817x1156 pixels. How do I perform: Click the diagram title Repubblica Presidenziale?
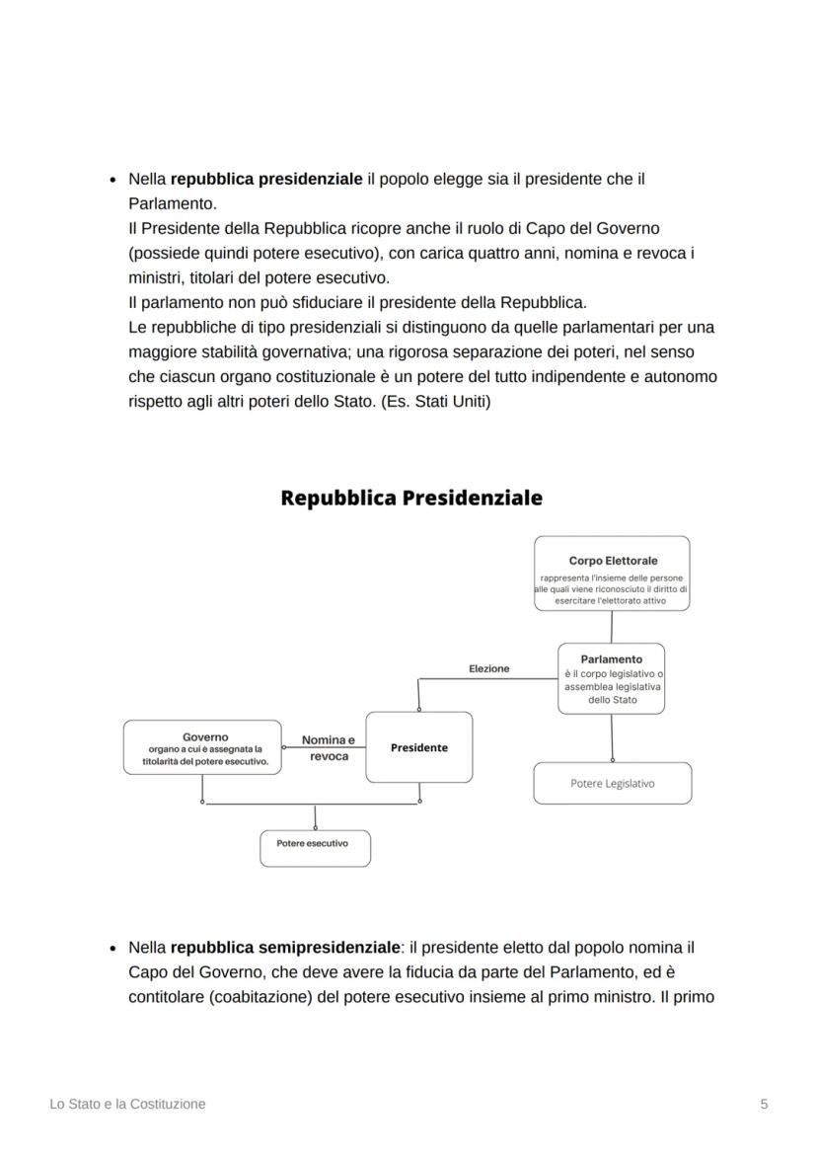tap(410, 498)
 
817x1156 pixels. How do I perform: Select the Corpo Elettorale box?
tap(612, 574)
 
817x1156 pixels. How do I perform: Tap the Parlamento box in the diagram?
tap(611, 678)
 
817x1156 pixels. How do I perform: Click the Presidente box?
tap(418, 747)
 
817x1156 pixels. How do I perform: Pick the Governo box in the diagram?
tap(204, 748)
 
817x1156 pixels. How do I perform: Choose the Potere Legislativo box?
tap(612, 783)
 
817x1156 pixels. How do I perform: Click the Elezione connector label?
tap(488, 668)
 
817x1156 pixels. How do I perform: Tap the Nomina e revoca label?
tap(328, 747)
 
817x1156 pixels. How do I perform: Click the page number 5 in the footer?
tap(764, 1104)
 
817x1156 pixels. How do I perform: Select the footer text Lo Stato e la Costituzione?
tap(127, 1104)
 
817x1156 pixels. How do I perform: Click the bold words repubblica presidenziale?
tap(266, 179)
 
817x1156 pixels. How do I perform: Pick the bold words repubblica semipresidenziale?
tap(285, 947)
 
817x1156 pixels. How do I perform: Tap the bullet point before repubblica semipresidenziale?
tap(112, 948)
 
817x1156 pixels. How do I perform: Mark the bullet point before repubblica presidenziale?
tap(112, 180)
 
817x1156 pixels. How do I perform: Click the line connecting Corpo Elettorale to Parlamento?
tap(612, 627)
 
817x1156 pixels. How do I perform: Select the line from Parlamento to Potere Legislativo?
tap(612, 736)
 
